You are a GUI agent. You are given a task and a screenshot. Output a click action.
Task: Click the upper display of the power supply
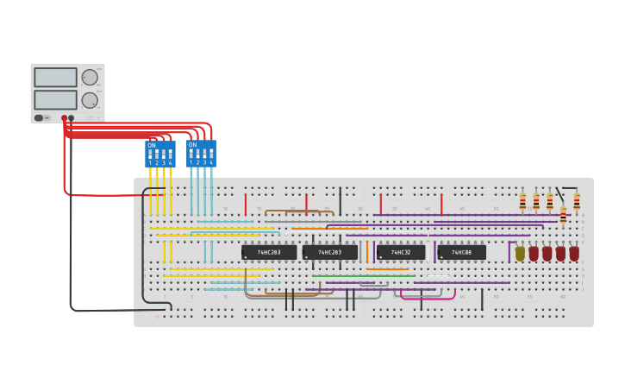pyautogui.click(x=56, y=77)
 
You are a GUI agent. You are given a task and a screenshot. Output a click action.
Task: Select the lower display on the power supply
pyautogui.click(x=56, y=99)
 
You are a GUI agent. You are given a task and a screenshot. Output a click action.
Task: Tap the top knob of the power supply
pyautogui.click(x=90, y=77)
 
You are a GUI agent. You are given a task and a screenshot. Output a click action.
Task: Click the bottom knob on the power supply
pyautogui.click(x=90, y=99)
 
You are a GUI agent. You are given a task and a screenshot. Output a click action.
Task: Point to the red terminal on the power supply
pyautogui.click(x=64, y=117)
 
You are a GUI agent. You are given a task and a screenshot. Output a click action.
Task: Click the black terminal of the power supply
pyautogui.click(x=72, y=117)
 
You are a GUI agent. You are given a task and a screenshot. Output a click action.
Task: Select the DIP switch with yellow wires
pyautogui.click(x=159, y=155)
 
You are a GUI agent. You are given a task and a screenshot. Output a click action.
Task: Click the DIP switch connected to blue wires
pyautogui.click(x=201, y=155)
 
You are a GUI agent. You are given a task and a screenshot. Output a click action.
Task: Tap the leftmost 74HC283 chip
pyautogui.click(x=269, y=252)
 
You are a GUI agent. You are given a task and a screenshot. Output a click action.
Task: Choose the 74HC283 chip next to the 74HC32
pyautogui.click(x=329, y=252)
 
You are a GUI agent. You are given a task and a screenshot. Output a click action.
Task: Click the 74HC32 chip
pyautogui.click(x=400, y=252)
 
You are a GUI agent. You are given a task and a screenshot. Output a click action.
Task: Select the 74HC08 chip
pyautogui.click(x=461, y=252)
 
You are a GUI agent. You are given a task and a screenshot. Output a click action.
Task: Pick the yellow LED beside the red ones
pyautogui.click(x=520, y=254)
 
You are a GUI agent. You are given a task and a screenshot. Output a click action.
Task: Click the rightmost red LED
pyautogui.click(x=574, y=254)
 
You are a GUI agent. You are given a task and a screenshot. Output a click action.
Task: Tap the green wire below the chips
pyautogui.click(x=362, y=276)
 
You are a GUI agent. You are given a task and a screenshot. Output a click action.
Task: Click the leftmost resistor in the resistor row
pyautogui.click(x=522, y=202)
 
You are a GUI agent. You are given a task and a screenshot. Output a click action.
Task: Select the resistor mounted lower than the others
pyautogui.click(x=563, y=214)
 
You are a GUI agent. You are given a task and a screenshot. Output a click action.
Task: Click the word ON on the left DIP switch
pyautogui.click(x=152, y=146)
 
